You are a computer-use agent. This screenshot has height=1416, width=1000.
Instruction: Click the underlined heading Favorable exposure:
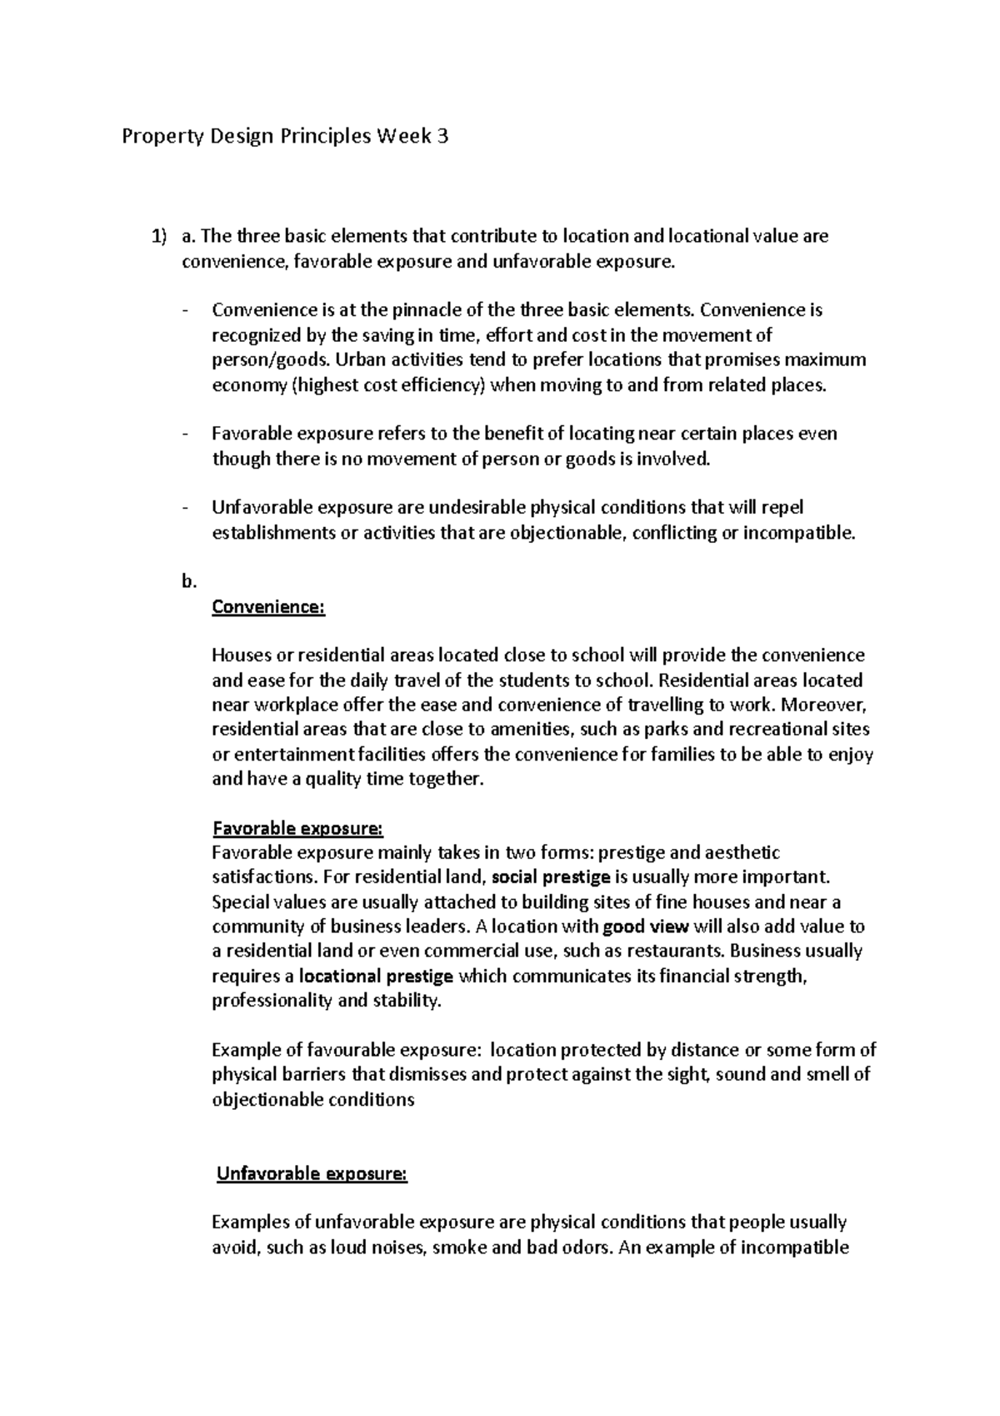click(x=297, y=829)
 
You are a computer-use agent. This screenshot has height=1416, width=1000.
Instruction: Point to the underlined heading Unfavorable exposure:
click(x=312, y=1174)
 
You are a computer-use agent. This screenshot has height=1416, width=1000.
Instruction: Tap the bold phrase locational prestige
click(x=376, y=976)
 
